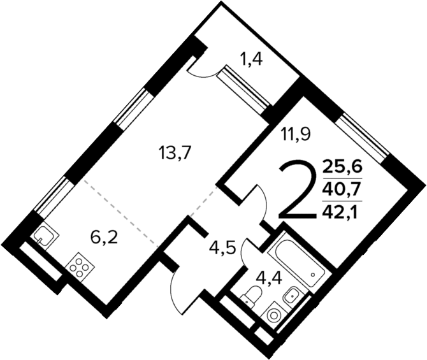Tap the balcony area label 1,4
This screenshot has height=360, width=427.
[x=252, y=61]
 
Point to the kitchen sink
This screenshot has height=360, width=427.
[x=45, y=236]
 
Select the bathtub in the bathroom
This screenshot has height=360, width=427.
[x=296, y=262]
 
